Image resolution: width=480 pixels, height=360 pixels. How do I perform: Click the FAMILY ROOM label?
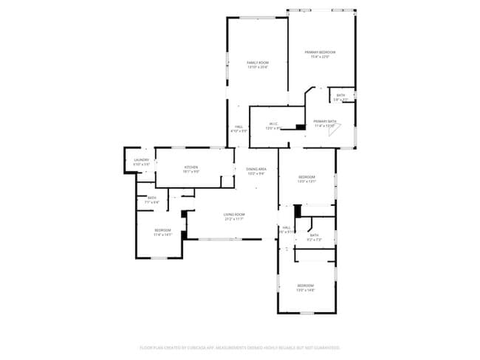pos(257,63)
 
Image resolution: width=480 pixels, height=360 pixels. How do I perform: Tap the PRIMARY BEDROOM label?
pos(320,52)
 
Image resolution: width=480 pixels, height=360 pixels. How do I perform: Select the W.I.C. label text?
pos(272,123)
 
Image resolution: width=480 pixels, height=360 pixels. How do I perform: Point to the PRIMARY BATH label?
pos(325,121)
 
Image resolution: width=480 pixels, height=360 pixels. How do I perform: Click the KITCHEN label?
pos(191,167)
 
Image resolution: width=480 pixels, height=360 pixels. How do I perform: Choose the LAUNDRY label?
pos(141,160)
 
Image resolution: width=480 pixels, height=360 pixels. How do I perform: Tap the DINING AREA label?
pos(256,169)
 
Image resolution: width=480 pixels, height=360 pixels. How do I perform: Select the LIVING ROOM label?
pos(234,215)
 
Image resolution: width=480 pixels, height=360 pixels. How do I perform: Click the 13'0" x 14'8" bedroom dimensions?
pos(306,290)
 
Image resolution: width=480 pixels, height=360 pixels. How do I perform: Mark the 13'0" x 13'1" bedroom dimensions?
pos(306,181)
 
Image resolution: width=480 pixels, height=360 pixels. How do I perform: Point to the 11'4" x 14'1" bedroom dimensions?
pos(162,235)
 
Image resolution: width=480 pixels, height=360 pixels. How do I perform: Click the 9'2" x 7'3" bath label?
pos(315,240)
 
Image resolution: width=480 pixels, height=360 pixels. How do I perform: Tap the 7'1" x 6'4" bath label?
pos(151,202)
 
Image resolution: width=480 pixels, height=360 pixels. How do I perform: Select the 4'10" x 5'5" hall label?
pos(239,131)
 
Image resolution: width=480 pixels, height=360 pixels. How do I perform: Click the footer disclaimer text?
pos(240,347)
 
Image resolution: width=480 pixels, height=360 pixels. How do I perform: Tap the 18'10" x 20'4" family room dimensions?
pos(257,67)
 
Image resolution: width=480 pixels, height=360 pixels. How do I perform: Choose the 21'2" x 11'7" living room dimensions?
pos(234,219)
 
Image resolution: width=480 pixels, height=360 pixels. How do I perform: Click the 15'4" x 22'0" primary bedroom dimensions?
pos(320,57)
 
